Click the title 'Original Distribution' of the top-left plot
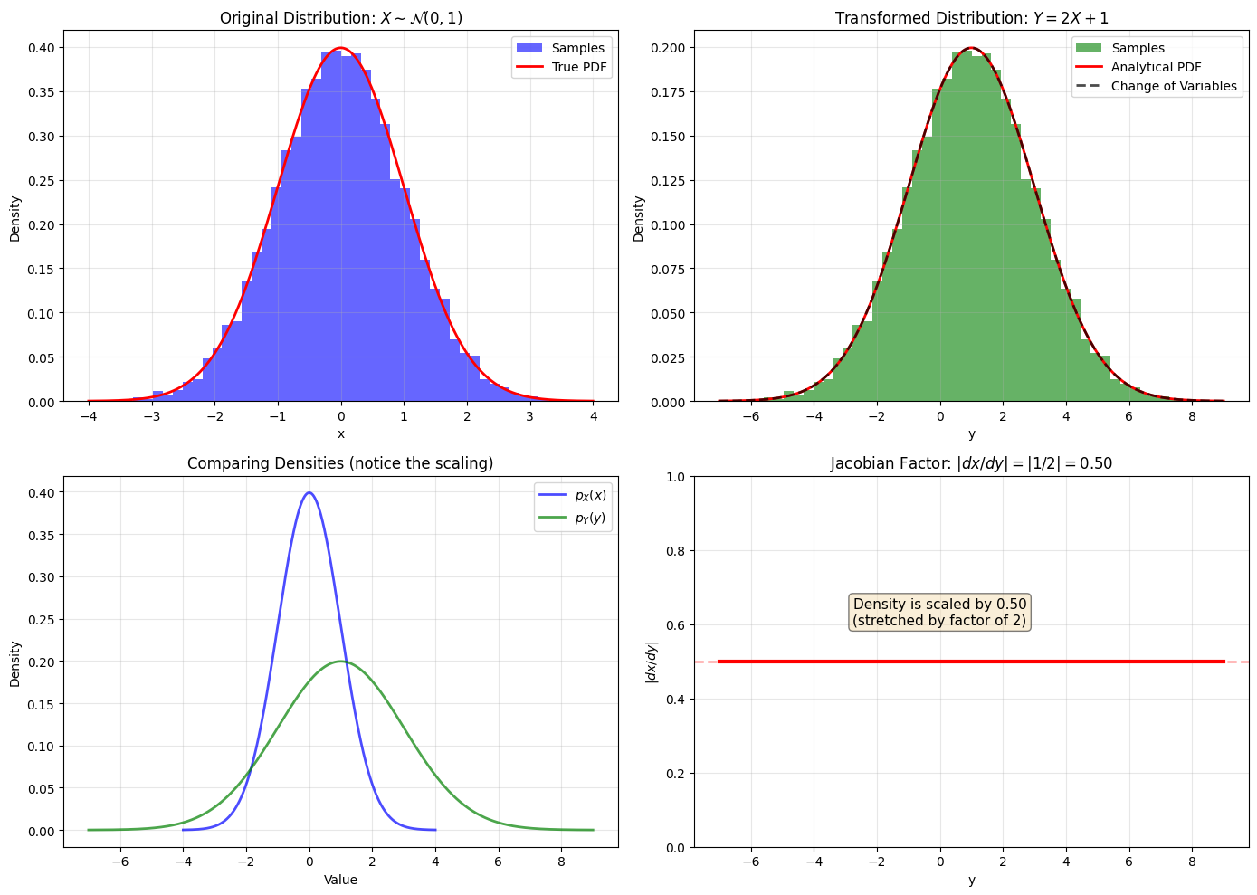[x=340, y=18]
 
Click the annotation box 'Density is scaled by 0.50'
[x=940, y=613]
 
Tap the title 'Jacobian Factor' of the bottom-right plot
[x=971, y=463]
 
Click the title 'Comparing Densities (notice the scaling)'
[x=340, y=463]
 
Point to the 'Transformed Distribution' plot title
[x=971, y=18]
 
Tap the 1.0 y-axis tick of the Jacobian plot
[x=677, y=477]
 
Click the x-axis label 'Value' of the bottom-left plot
[x=340, y=880]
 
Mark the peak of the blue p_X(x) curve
[x=309, y=492]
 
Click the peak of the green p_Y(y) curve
[x=341, y=662]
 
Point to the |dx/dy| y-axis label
[x=652, y=662]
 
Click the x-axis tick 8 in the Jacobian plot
[x=1192, y=862]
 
